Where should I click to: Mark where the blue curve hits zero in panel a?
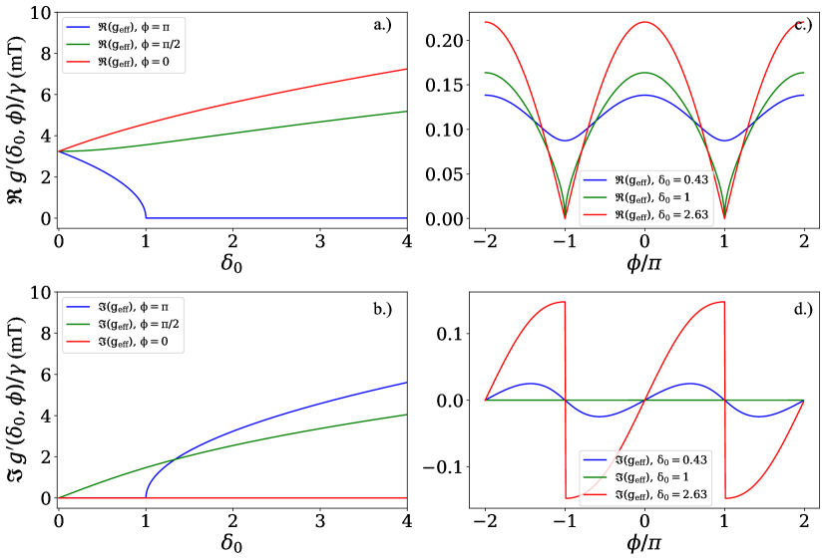coord(146,216)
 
